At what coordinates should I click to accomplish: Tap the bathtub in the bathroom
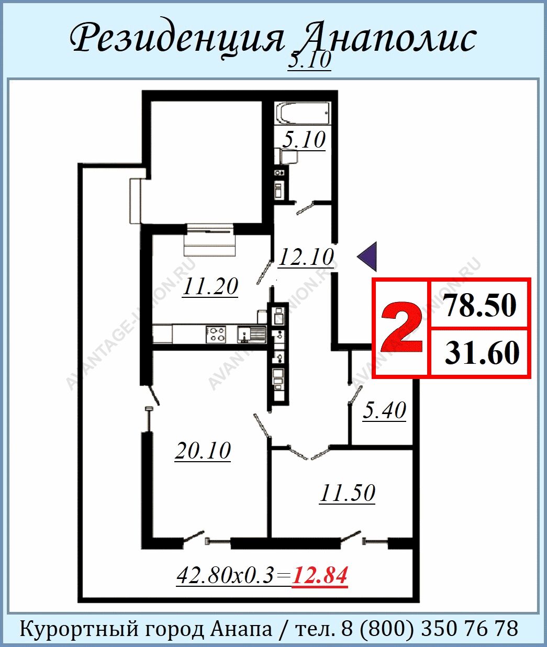303,113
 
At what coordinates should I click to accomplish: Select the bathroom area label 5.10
304,140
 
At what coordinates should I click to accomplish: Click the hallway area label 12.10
306,258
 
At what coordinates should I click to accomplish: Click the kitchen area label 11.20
210,286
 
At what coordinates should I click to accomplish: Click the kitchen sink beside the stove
252,334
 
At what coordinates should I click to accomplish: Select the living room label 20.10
203,451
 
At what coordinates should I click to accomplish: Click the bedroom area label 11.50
348,493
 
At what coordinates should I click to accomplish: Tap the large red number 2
401,327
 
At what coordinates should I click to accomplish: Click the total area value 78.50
481,305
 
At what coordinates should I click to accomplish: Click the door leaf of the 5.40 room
355,394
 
